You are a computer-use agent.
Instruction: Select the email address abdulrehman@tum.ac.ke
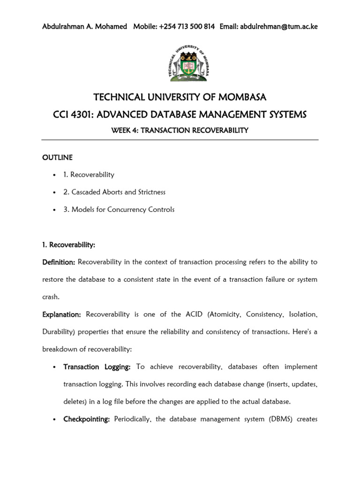tap(279, 27)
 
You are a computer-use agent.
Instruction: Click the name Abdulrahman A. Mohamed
tap(84, 27)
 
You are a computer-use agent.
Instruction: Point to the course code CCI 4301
tap(75, 114)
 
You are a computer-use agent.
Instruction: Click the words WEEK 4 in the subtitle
tap(125, 130)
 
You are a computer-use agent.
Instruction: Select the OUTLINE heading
tap(57, 157)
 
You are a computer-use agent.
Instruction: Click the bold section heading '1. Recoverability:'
tap(69, 245)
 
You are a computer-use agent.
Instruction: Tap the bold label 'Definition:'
tap(59, 262)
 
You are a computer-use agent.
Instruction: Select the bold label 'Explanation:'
tap(61, 314)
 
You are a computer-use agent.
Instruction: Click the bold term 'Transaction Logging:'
tap(97, 367)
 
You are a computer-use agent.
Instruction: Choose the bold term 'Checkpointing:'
tap(86, 419)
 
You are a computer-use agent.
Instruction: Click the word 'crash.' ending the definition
tap(52, 297)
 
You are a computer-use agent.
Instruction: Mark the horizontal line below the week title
tap(180, 140)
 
